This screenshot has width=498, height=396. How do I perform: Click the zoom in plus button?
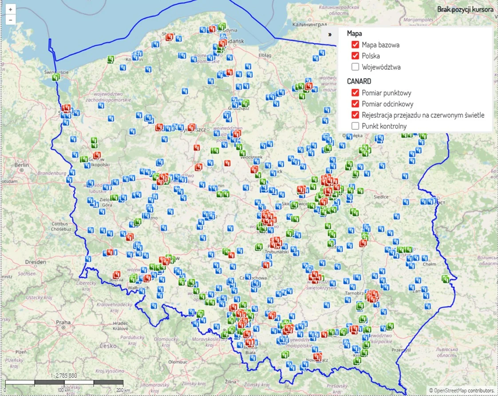pyautogui.click(x=10, y=9)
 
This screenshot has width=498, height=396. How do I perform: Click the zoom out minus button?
pyautogui.click(x=10, y=20)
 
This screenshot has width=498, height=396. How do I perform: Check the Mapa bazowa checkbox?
pyautogui.click(x=355, y=45)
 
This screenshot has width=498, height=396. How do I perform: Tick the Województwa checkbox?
pyautogui.click(x=355, y=67)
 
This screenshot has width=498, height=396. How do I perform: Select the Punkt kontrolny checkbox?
pyautogui.click(x=355, y=126)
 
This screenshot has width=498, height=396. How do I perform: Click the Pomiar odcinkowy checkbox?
pyautogui.click(x=355, y=104)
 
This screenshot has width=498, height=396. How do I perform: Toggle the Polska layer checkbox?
pyautogui.click(x=355, y=56)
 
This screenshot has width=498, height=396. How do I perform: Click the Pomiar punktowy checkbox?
pyautogui.click(x=355, y=93)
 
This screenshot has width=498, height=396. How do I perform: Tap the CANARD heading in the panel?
pyautogui.click(x=359, y=81)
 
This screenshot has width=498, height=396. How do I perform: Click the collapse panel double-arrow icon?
pyautogui.click(x=330, y=34)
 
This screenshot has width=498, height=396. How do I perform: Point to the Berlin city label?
pyautogui.click(x=21, y=165)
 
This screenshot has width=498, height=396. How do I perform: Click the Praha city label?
pyautogui.click(x=63, y=322)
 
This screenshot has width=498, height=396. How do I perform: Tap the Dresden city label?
pyautogui.click(x=36, y=262)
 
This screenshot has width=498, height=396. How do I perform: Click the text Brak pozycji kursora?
pyautogui.click(x=465, y=9)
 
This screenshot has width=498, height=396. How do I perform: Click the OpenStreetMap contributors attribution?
pyautogui.click(x=462, y=390)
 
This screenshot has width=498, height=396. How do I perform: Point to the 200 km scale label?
pyautogui.click(x=120, y=390)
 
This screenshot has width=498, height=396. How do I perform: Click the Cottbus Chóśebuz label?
pyautogui.click(x=61, y=226)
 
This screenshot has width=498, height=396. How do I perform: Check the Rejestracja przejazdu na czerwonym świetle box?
pyautogui.click(x=355, y=115)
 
